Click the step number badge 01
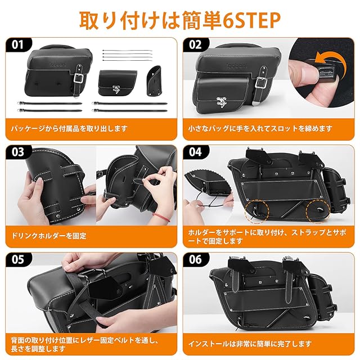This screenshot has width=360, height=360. point(19,44)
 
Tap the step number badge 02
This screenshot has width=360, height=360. point(196,44)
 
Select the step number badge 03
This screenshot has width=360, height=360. point(19,152)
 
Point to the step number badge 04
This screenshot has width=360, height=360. point(196,152)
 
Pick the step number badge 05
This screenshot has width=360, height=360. point(19,259)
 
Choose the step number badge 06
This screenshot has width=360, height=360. point(196,259)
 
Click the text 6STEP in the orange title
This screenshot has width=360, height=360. point(251,20)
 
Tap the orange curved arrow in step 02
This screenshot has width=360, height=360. point(330,59)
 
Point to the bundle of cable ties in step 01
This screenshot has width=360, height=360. point(127,55)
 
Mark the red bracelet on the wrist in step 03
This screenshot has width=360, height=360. point(163,217)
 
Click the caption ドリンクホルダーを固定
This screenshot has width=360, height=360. point(49,236)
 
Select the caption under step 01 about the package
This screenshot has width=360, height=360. point(69,129)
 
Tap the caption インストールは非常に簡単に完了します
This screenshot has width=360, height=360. point(250,344)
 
